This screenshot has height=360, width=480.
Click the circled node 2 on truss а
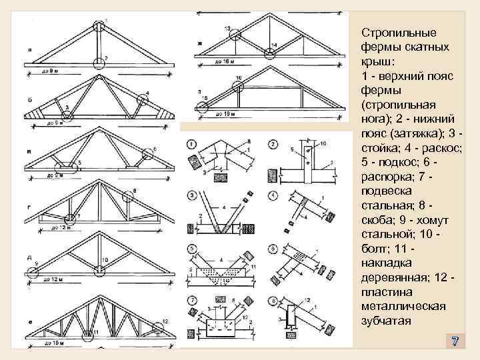99,62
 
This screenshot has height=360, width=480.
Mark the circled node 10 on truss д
99,270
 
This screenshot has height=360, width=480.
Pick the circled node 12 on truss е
158,325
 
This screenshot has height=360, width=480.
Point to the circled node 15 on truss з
201,106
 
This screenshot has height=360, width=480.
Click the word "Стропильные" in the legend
399,32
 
